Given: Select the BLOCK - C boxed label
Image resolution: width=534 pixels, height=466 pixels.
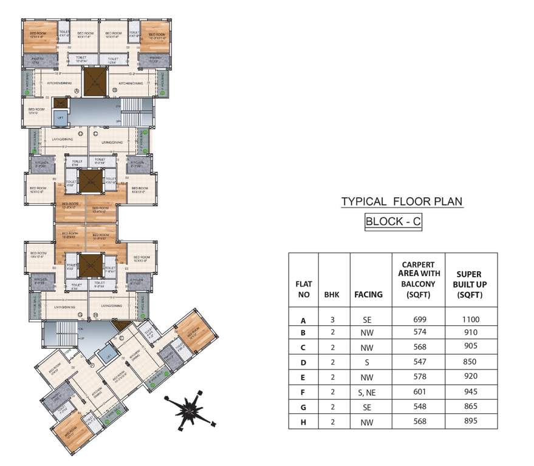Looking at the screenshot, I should pyautogui.click(x=392, y=221).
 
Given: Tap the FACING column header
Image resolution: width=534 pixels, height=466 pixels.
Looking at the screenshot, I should pyautogui.click(x=368, y=294).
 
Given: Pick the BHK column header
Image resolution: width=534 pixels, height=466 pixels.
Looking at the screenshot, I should pyautogui.click(x=332, y=294).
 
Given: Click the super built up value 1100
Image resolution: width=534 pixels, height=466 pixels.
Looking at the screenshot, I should pyautogui.click(x=470, y=320).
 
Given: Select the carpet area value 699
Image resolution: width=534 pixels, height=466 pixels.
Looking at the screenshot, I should pyautogui.click(x=419, y=320).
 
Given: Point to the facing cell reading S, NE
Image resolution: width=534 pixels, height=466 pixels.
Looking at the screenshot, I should pyautogui.click(x=368, y=393).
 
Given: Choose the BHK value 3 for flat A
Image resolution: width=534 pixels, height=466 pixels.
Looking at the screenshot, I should pyautogui.click(x=332, y=320).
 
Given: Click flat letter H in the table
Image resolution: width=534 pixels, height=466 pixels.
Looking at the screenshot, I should pyautogui.click(x=303, y=422).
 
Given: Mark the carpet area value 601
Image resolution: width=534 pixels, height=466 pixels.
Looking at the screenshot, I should pyautogui.click(x=419, y=393).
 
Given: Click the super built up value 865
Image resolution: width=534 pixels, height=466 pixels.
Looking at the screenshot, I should pyautogui.click(x=470, y=407).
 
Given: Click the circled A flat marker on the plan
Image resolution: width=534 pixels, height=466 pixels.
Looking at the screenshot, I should pyautogui.click(x=77, y=91).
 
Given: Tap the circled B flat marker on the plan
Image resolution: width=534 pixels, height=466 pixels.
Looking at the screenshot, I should pyautogui.click(x=114, y=91).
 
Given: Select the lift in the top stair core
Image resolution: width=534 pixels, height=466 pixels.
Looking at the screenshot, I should pyautogui.click(x=60, y=117).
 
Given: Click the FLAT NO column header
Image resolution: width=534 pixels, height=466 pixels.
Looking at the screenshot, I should pyautogui.click(x=304, y=289).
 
